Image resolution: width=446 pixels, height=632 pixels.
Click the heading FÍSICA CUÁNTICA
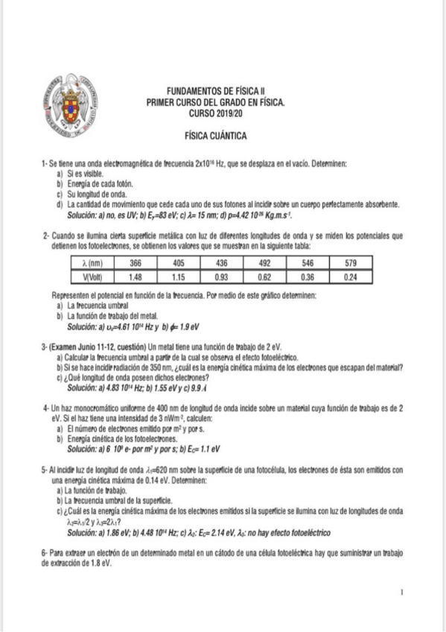(x=216, y=136)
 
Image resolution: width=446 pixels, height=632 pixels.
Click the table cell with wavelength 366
(x=136, y=263)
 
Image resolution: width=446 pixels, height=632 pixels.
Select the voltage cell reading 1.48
(x=136, y=277)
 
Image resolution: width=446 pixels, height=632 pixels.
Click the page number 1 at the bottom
(x=401, y=592)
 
